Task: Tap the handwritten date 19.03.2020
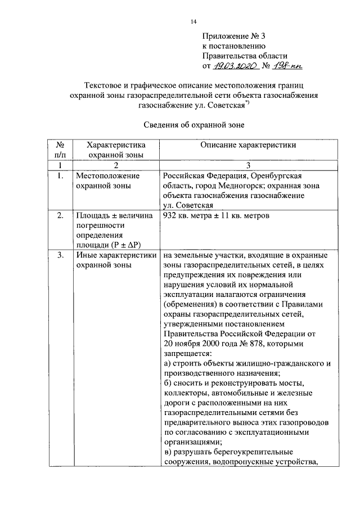click(236, 66)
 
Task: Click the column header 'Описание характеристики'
click(248, 145)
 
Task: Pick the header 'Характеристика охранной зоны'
click(115, 150)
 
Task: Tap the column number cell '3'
click(248, 165)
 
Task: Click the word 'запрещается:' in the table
click(188, 354)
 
